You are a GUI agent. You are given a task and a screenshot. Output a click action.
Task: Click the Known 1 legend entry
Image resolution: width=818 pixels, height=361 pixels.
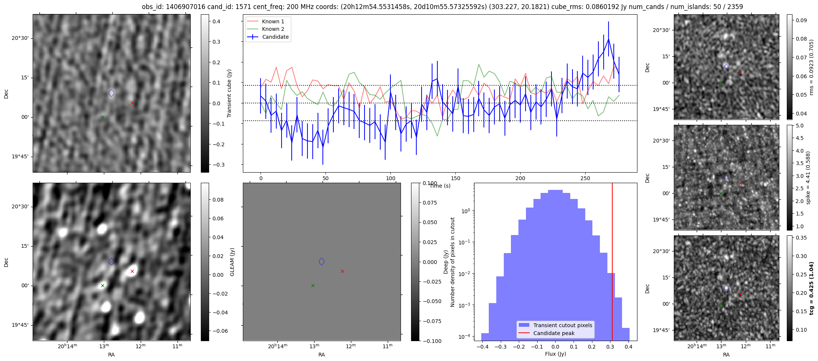(x=273, y=21)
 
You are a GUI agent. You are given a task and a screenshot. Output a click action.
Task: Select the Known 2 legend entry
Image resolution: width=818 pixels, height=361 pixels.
(x=273, y=29)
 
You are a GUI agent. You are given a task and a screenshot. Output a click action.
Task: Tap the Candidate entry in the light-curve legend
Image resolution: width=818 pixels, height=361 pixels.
(x=275, y=37)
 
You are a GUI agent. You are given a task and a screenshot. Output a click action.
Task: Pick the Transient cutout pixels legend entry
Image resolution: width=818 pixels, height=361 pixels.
(x=562, y=325)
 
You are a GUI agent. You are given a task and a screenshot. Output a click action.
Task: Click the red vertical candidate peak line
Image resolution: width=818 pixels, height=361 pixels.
(x=612, y=263)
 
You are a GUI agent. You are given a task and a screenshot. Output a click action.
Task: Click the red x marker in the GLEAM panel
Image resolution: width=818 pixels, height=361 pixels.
(x=132, y=271)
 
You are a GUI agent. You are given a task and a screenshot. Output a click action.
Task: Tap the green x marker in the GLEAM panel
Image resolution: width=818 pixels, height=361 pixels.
(x=102, y=285)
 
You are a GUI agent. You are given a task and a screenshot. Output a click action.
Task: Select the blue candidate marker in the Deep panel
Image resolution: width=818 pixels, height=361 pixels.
(x=321, y=261)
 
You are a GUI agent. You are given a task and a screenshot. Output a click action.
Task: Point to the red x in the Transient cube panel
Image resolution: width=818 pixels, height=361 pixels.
(x=132, y=103)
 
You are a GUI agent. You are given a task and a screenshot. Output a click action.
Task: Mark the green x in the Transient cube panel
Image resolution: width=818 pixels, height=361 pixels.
(x=102, y=117)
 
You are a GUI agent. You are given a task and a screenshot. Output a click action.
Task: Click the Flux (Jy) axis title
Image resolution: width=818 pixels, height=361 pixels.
(x=555, y=354)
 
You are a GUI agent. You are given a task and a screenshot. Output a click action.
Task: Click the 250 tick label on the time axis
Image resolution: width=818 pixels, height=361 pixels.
(x=585, y=178)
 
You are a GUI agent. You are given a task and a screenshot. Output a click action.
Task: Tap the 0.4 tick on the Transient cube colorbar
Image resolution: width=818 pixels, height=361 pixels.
(x=217, y=21)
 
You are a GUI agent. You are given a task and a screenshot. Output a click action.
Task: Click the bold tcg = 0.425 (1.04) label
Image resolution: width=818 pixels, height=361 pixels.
(x=811, y=288)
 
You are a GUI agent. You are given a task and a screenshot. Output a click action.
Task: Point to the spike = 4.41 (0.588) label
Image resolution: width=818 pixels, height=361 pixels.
(x=808, y=177)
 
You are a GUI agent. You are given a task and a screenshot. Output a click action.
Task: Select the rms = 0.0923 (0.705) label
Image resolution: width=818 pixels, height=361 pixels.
(x=811, y=67)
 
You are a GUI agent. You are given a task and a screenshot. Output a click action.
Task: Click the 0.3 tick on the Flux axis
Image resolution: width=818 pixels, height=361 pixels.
(x=609, y=346)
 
